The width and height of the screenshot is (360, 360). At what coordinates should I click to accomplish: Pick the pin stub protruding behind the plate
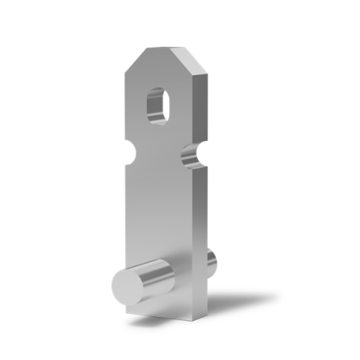pos(211,264)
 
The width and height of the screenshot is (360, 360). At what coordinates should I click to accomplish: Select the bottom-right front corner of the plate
pos(194,320)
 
